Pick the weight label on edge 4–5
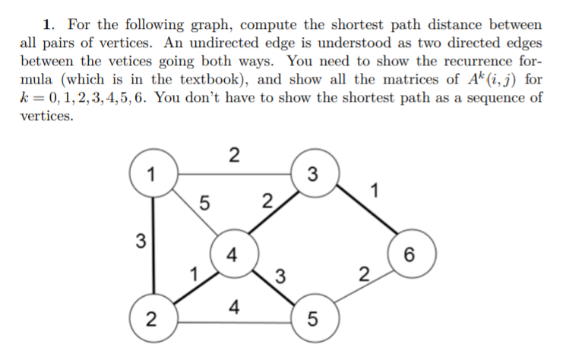[x=280, y=275]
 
